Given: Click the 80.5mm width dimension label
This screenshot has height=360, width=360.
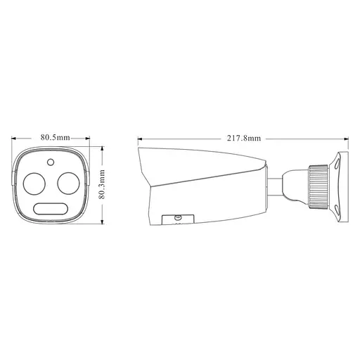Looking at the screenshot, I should tap(55, 137).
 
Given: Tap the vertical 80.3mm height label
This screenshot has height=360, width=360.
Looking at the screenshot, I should tap(103, 184).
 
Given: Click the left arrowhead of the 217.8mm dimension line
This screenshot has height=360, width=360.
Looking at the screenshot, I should tap(139, 138).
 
